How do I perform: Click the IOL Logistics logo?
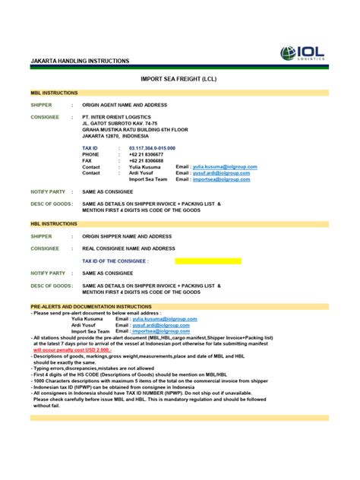point(304,53)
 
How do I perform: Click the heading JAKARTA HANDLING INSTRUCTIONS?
point(79,61)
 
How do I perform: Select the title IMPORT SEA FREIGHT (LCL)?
point(179,79)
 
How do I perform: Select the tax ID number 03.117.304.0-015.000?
point(152,148)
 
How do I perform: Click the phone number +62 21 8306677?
point(147,154)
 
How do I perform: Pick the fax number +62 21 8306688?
point(147,160)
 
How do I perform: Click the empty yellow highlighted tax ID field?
point(207,261)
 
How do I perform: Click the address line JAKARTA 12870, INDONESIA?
point(121,136)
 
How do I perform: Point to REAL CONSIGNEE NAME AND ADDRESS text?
point(128,248)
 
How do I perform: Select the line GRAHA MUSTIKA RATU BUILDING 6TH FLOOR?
point(134,130)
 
